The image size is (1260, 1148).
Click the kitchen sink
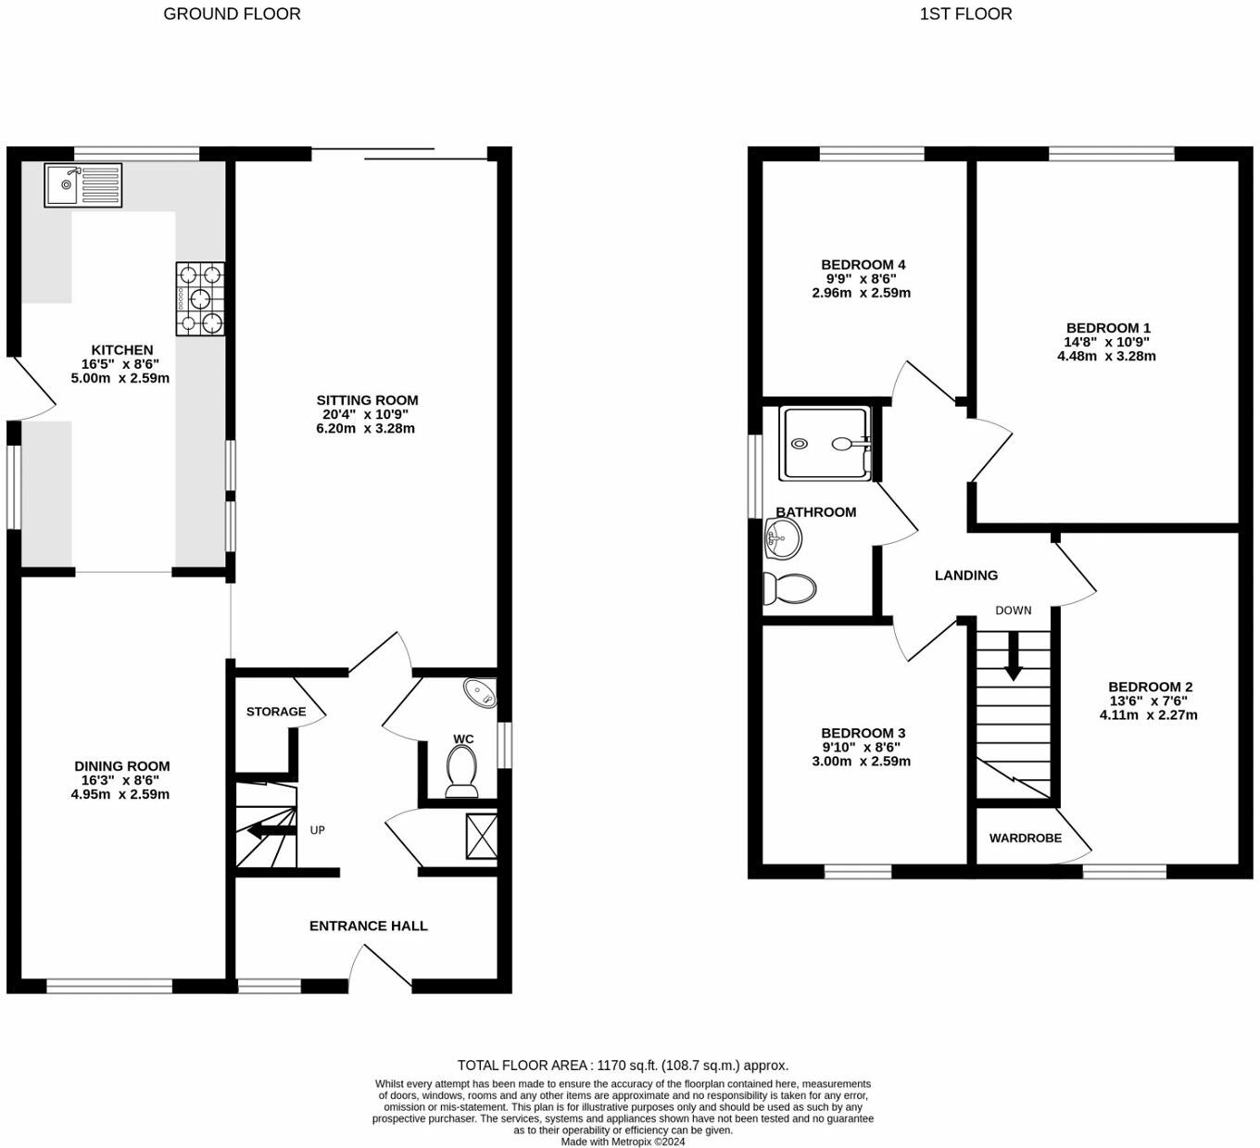coord(82,185)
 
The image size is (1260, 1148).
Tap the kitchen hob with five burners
coord(200,298)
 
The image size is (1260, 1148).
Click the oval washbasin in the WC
coord(481,693)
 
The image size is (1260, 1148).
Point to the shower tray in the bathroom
coord(825,443)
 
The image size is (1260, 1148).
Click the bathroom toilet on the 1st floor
coord(789,588)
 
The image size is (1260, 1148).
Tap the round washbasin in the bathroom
coord(783,538)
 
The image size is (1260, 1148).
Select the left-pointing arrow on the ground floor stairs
coord(271,831)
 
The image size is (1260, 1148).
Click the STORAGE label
coord(276,712)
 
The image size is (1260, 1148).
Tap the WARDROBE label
coord(1025,838)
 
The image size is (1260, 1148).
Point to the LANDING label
coord(966,575)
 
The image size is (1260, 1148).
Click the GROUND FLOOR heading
coord(232,14)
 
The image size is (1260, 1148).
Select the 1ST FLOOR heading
coord(966,14)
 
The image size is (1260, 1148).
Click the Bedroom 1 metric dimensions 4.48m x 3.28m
coord(1106,356)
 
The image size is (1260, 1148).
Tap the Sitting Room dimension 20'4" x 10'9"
coord(366,414)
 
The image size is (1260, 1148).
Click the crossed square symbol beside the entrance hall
coord(482,837)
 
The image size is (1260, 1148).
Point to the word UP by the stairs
coord(317,830)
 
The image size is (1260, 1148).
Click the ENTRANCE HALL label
coord(368,926)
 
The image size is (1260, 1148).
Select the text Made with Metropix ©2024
coord(623,1142)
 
